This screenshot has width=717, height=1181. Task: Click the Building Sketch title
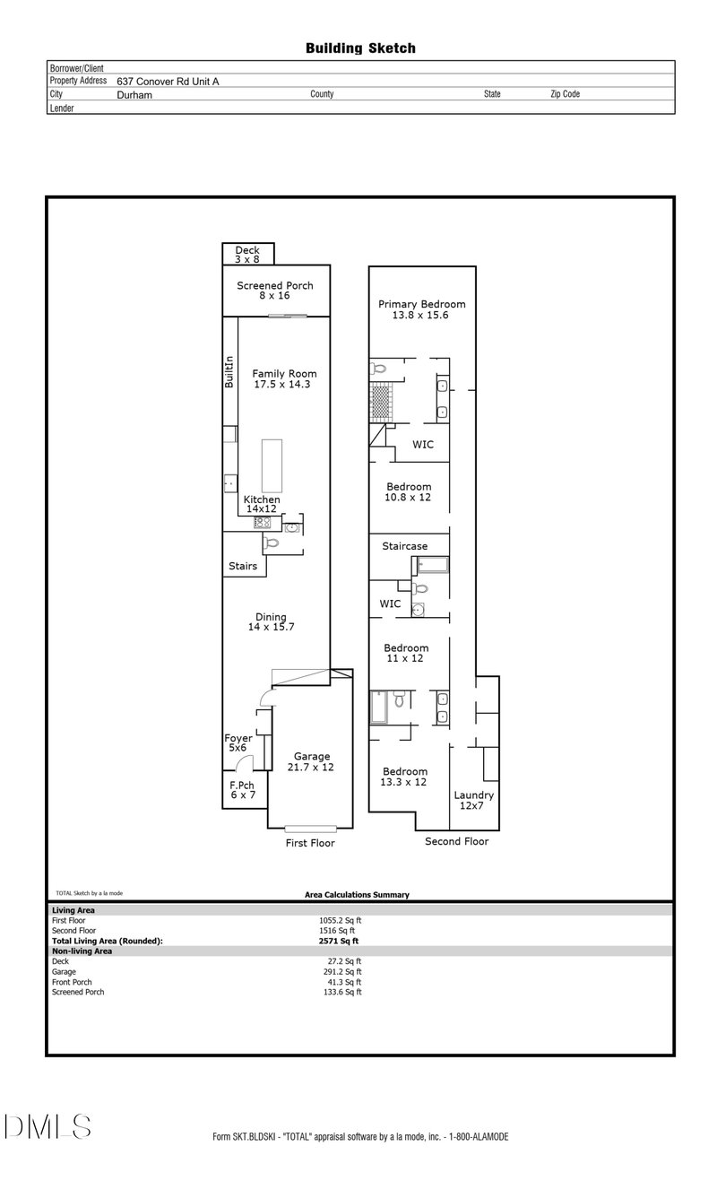pos(360,48)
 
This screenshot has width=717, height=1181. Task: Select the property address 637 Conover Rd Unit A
pos(168,81)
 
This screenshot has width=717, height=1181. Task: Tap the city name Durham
pos(134,94)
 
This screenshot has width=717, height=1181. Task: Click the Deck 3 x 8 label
pos(246,255)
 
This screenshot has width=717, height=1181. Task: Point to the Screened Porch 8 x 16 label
pos(275,291)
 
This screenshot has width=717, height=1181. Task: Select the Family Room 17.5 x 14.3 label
pos(284,378)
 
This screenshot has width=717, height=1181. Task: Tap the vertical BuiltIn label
pos(229,371)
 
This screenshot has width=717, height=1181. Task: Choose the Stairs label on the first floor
pos(243,566)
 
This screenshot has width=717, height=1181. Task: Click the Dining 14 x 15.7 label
pos(272,621)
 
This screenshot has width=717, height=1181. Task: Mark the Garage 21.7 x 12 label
pos(310,761)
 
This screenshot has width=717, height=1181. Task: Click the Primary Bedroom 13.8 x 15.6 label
pos(421,309)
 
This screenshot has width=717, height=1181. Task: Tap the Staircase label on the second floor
pos(405,546)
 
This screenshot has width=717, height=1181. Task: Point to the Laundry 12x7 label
pos(473,800)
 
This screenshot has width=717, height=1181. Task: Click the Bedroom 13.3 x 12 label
pos(405,777)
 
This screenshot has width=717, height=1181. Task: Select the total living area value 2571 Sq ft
pos(338,941)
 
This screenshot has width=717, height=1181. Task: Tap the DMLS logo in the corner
pos(48,1126)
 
